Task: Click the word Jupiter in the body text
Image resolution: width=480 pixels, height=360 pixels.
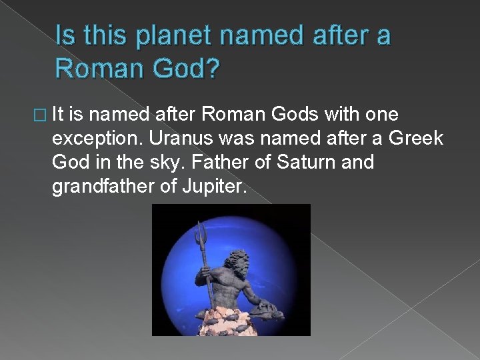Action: [215, 185]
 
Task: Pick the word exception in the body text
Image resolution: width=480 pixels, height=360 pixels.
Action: [96, 139]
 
